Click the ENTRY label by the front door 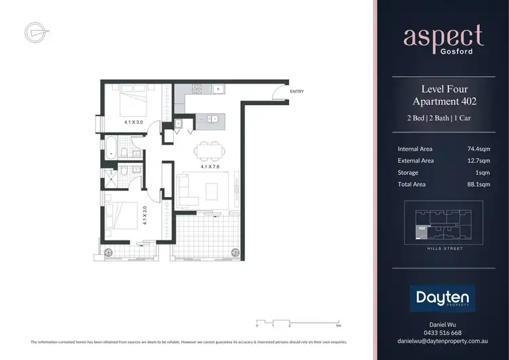tap(297, 91)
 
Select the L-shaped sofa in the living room tap(188, 190)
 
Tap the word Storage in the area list tap(409, 173)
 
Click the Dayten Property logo tap(442, 298)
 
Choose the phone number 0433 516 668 tap(442, 333)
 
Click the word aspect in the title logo tap(442, 35)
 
